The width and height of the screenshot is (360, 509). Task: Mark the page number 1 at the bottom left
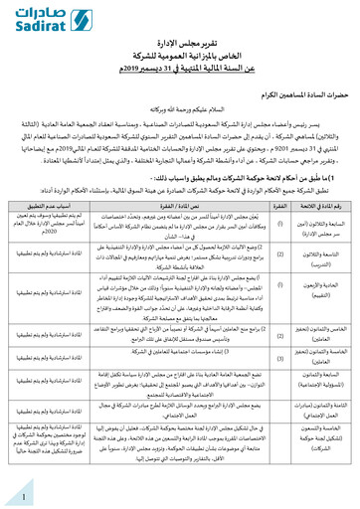(22, 493)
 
